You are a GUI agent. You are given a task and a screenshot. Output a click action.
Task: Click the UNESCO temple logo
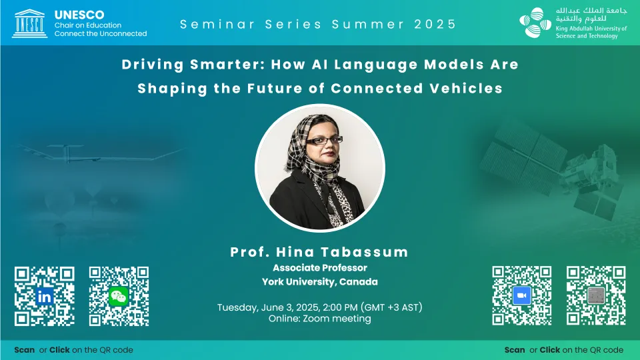[29, 24]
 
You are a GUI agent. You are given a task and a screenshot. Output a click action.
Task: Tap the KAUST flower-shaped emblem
[535, 23]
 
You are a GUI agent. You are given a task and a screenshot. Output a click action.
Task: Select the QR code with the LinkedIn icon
[45, 296]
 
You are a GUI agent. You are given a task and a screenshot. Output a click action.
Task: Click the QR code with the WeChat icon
[119, 296]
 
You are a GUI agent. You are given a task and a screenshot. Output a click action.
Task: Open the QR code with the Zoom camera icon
[521, 295]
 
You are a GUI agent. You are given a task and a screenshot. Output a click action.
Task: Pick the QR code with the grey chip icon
[596, 295]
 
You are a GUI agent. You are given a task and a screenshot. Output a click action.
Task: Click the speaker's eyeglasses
[324, 141]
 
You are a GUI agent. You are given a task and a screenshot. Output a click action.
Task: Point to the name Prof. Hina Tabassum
[319, 252]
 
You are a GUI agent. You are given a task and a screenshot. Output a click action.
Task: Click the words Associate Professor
[320, 268]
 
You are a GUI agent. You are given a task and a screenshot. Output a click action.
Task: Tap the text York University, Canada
[320, 281]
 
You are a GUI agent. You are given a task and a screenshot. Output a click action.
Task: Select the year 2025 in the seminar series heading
[435, 24]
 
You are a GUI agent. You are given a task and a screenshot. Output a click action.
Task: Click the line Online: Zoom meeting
[320, 319]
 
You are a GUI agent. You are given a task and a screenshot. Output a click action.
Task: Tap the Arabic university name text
[591, 14]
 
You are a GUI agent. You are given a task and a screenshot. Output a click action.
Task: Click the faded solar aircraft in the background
[100, 152]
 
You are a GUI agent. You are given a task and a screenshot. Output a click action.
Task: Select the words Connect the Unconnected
[101, 33]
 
